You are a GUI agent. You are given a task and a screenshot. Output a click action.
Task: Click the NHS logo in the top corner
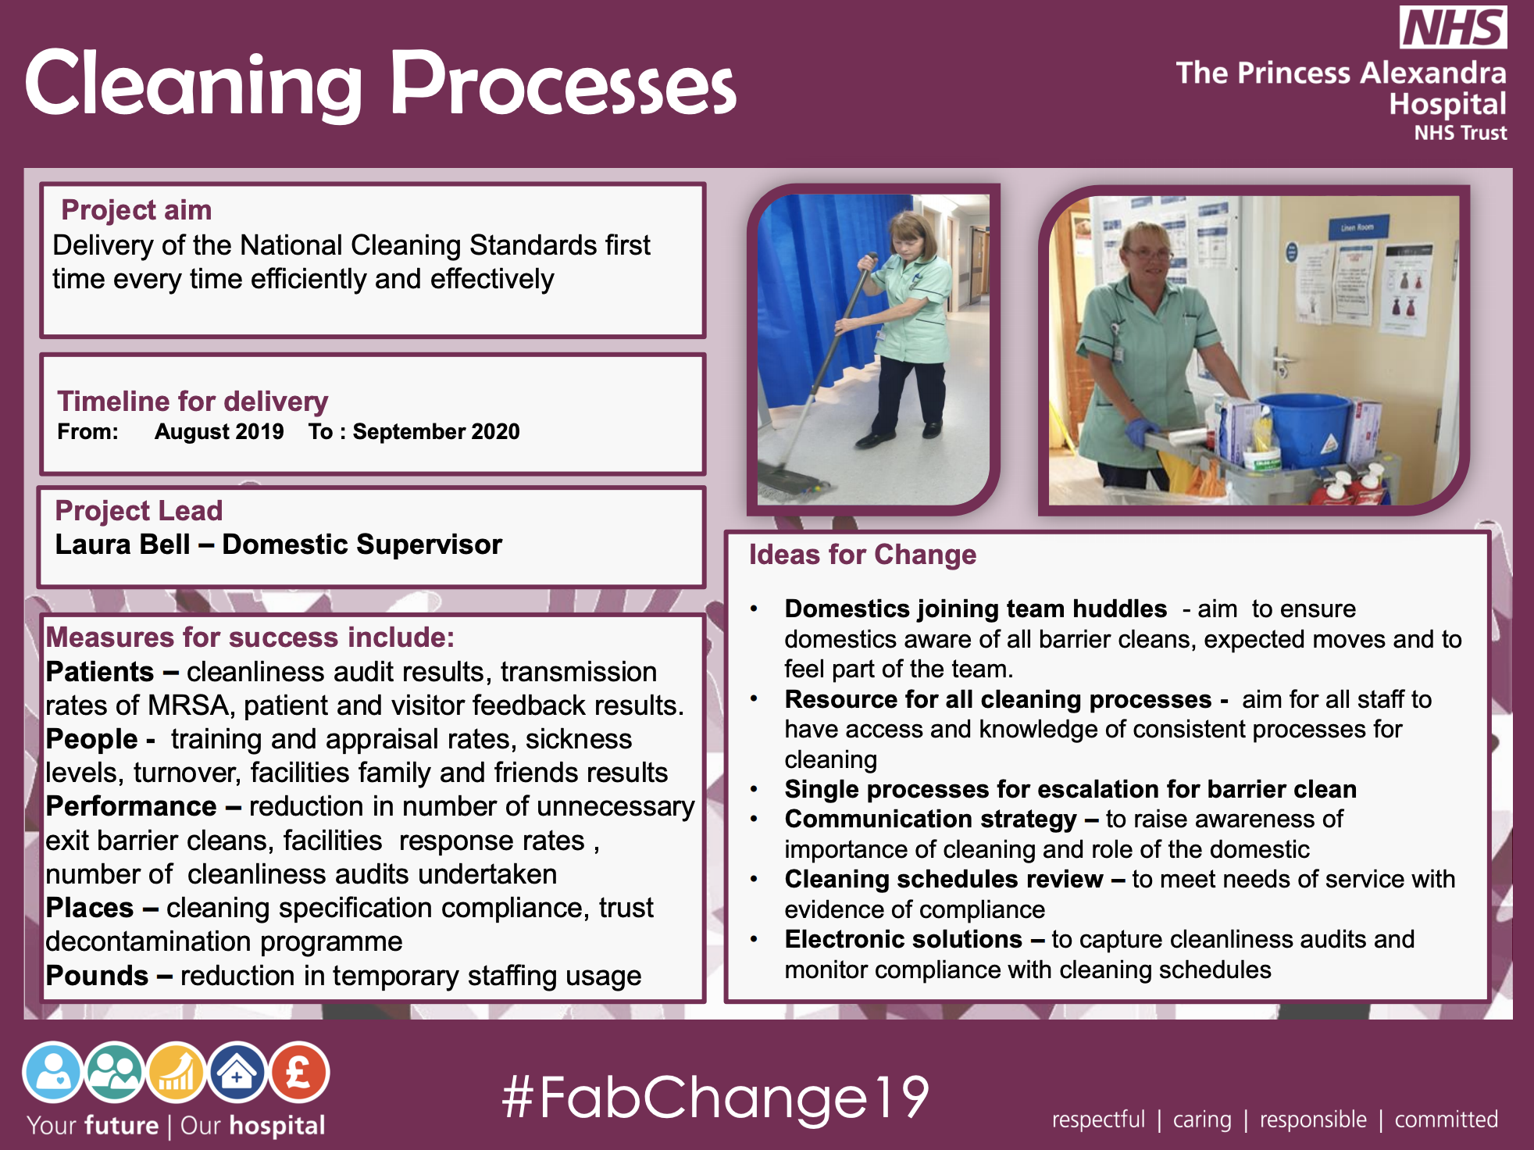(1453, 27)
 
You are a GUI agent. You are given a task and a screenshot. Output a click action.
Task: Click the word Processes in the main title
(563, 84)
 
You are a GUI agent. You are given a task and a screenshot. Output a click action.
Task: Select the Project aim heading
(137, 210)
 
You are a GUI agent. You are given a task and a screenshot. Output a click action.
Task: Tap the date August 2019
(219, 431)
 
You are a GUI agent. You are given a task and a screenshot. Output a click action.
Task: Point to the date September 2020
(436, 431)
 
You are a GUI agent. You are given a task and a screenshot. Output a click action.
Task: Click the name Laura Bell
(123, 545)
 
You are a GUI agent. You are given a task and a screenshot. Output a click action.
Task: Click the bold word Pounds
(97, 976)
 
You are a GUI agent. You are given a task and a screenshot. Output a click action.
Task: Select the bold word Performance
(131, 806)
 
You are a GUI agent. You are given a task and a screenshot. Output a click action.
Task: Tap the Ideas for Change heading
(862, 555)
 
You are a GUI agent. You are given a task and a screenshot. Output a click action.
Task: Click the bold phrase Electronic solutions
(903, 939)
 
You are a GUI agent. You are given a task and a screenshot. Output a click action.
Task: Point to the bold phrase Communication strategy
(930, 819)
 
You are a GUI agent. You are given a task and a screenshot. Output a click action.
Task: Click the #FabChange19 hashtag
(715, 1097)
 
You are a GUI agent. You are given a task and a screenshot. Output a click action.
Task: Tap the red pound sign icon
(299, 1073)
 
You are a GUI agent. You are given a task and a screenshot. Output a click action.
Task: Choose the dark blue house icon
(237, 1073)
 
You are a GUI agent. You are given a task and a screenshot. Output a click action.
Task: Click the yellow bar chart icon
(177, 1073)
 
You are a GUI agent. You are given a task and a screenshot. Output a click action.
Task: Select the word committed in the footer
(1446, 1120)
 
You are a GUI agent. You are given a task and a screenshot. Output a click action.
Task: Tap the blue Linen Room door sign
(1357, 227)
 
